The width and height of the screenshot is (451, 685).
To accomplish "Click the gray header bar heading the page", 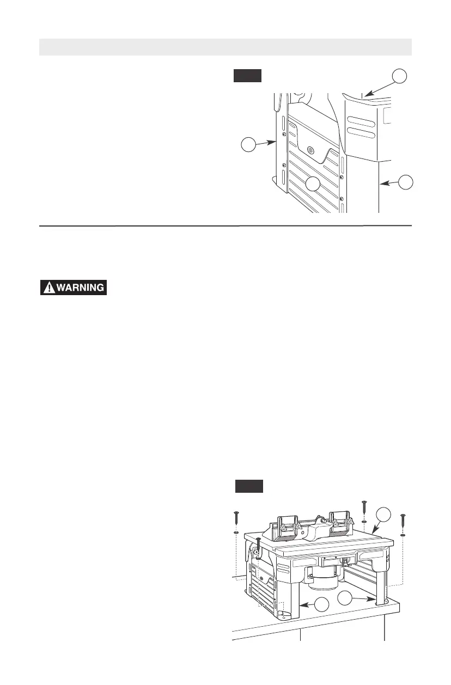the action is click(225, 47).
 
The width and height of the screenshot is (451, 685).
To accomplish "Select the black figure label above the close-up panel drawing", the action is click(248, 75).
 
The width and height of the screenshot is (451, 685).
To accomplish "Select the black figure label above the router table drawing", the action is click(249, 485).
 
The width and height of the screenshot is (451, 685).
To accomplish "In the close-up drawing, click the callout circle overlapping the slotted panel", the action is click(313, 184).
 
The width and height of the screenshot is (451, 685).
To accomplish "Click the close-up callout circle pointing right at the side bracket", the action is click(248, 145).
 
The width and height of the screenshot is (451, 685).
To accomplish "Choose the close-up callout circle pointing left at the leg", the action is click(404, 182).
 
